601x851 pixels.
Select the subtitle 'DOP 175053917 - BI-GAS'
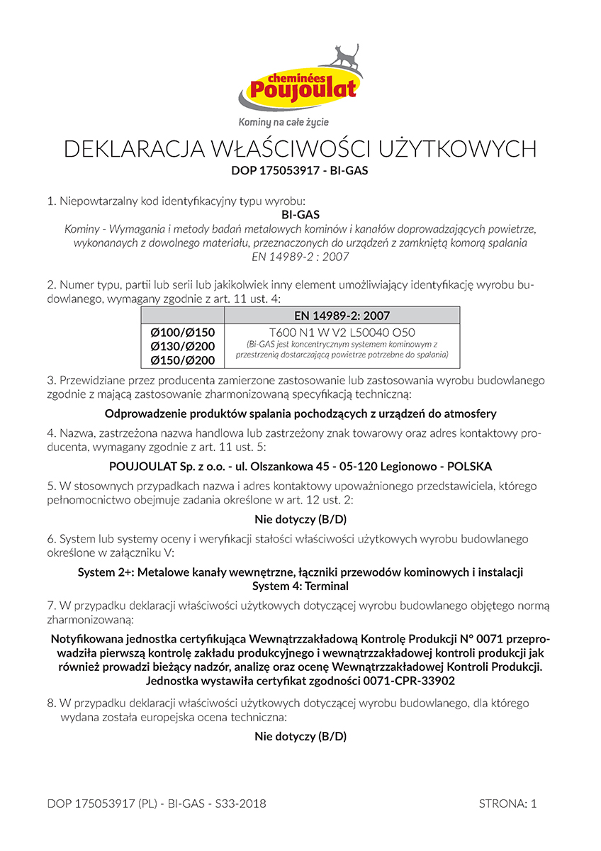coord(300,170)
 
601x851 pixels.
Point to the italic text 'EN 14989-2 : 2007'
coord(300,257)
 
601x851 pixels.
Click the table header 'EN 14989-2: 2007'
coord(342,316)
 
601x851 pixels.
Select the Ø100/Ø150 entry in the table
coord(183,332)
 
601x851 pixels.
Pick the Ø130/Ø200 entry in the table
coord(183,346)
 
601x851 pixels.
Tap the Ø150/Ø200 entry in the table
coord(183,360)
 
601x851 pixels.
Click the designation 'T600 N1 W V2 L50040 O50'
coord(342,332)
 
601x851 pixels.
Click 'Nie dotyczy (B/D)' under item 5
coord(300,518)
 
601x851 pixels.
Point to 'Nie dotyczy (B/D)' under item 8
coord(300,735)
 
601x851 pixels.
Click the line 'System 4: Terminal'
coord(300,586)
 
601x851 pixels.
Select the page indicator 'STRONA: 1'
coord(508,803)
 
